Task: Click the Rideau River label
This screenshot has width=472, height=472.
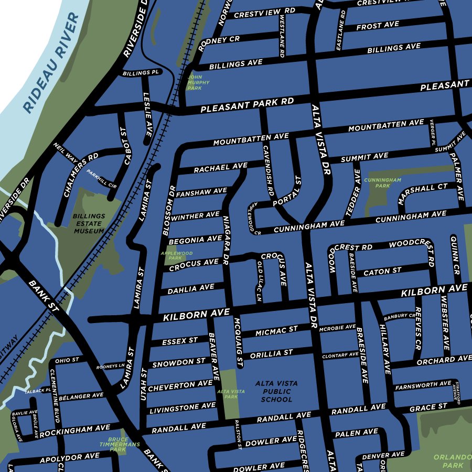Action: click(51, 63)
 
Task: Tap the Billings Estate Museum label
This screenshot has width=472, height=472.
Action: click(89, 223)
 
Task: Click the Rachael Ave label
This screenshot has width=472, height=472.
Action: click(220, 168)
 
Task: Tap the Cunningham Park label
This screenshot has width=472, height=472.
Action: click(383, 183)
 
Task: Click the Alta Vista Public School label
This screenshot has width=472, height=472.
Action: click(276, 391)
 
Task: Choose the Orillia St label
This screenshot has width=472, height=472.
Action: click(271, 355)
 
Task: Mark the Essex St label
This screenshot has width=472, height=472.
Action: click(180, 341)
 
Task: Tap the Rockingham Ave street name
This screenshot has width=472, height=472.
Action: click(74, 431)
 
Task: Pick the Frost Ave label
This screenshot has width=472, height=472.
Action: click(378, 26)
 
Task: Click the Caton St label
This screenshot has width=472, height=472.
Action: click(382, 271)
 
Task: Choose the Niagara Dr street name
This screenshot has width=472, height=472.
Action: click(226, 239)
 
